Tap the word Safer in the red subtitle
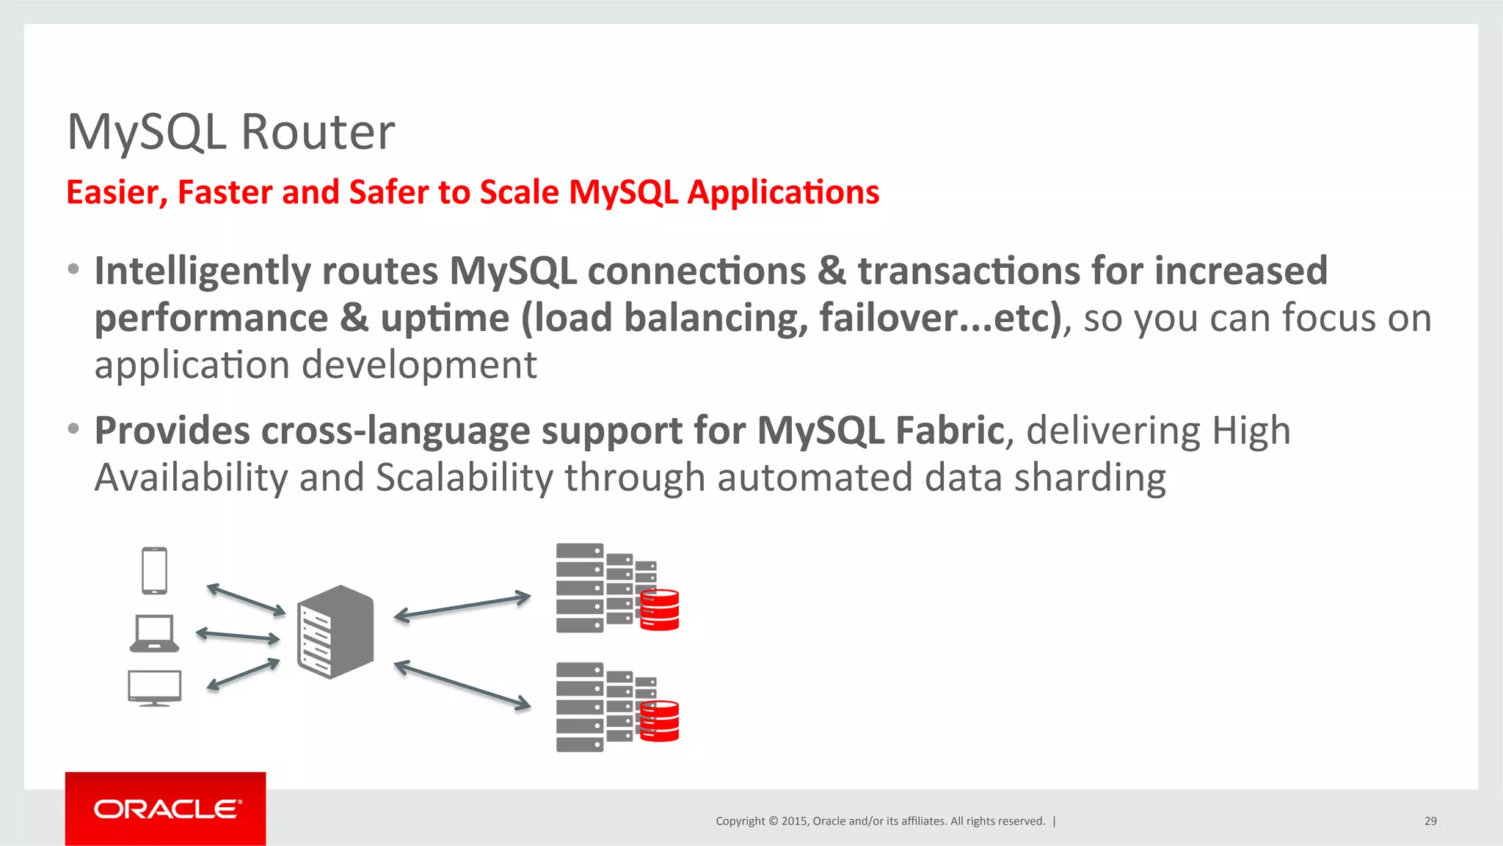pos(388,192)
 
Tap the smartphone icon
pos(154,570)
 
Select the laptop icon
pos(154,633)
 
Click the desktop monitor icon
pos(154,688)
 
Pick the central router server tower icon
pos(335,632)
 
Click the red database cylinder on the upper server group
pos(659,610)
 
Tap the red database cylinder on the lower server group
pos(659,721)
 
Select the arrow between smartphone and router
pos(246,599)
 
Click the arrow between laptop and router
pos(238,635)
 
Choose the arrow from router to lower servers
pos(462,685)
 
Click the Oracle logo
pos(166,809)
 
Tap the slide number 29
pos(1430,821)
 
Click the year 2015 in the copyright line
pos(795,821)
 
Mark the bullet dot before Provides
pos(73,429)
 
